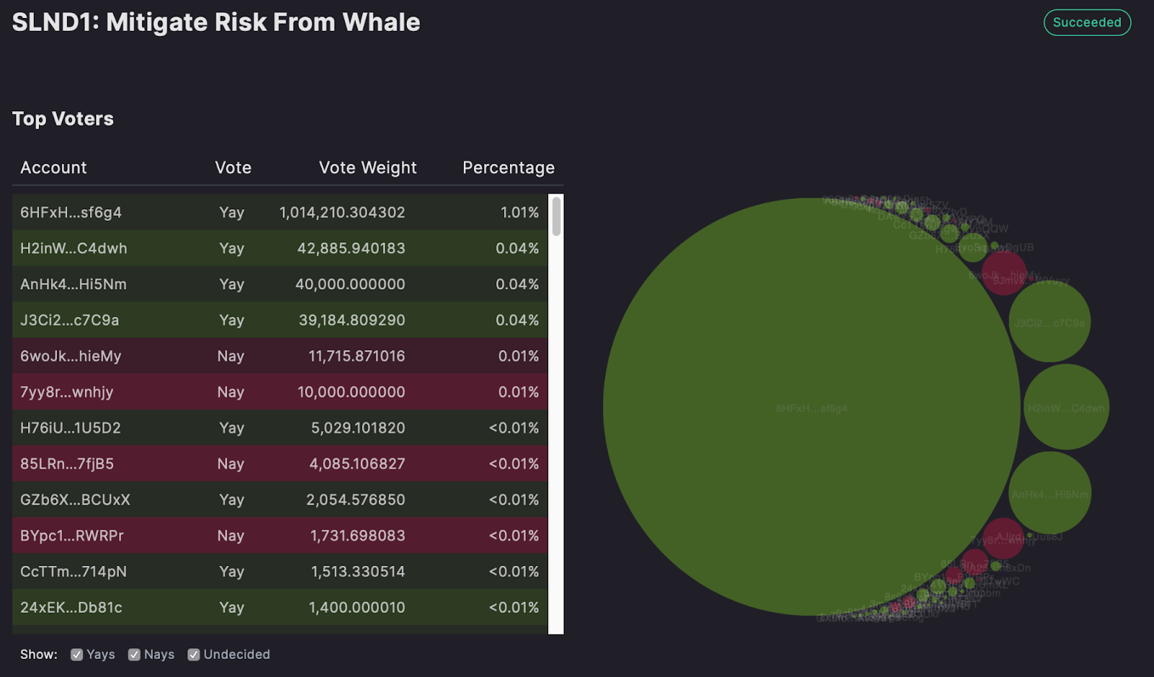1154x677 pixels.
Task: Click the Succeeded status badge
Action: pyautogui.click(x=1087, y=22)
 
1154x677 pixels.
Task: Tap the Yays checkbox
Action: pyautogui.click(x=76, y=655)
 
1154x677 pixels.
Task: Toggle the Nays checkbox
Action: pyautogui.click(x=134, y=655)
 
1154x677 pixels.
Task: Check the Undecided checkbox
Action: pyautogui.click(x=193, y=655)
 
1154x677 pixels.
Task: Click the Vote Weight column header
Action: pyautogui.click(x=367, y=167)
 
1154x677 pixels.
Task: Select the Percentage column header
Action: pyautogui.click(x=508, y=167)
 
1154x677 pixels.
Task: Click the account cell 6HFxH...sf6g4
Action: pyautogui.click(x=71, y=212)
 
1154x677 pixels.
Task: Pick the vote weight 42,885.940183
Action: pyautogui.click(x=351, y=248)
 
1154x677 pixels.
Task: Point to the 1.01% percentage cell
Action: pyautogui.click(x=519, y=212)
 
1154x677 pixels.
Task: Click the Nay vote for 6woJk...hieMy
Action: pyautogui.click(x=231, y=356)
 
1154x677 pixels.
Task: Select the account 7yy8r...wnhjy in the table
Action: pyautogui.click(x=66, y=392)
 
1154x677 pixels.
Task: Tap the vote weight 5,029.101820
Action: pyautogui.click(x=358, y=428)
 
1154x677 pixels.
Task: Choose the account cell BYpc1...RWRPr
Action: pyautogui.click(x=71, y=536)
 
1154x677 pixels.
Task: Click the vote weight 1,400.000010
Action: pyautogui.click(x=357, y=608)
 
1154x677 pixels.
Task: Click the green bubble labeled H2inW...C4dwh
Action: pyautogui.click(x=1066, y=407)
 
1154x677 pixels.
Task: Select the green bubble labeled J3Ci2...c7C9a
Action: pyautogui.click(x=1049, y=322)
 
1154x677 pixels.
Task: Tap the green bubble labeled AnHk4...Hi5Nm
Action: pyautogui.click(x=1049, y=494)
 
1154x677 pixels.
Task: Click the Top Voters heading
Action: pyautogui.click(x=63, y=118)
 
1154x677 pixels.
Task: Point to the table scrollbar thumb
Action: pyautogui.click(x=556, y=216)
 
